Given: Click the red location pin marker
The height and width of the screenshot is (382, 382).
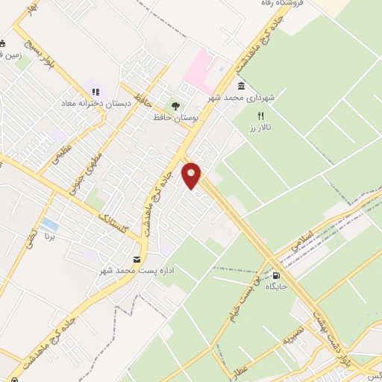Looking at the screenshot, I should pyautogui.click(x=192, y=175).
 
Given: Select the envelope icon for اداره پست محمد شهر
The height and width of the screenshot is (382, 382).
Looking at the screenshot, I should pyautogui.click(x=137, y=259).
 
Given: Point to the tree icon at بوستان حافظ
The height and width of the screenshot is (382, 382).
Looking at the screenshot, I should pyautogui.click(x=176, y=106).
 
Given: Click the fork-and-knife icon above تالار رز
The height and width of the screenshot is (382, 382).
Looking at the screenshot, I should pyautogui.click(x=260, y=116).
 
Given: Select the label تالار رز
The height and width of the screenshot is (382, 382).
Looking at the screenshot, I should pyautogui.click(x=260, y=128).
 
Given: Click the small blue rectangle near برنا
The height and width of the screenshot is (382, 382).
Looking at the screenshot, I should pyautogui.click(x=50, y=224).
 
